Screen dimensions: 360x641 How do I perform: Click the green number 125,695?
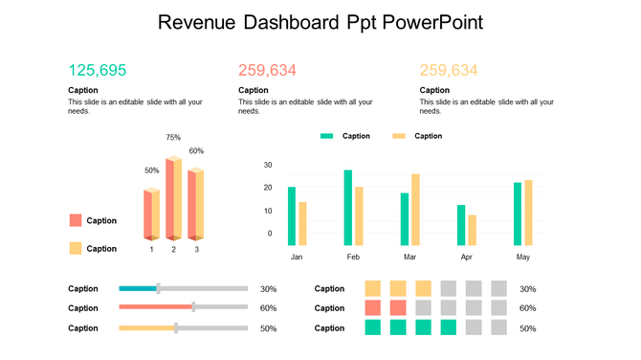[x=98, y=70]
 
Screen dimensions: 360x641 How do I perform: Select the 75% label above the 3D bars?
[x=173, y=138]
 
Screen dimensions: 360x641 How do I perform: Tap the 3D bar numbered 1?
[x=151, y=214]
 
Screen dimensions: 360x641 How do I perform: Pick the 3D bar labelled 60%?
[x=195, y=204]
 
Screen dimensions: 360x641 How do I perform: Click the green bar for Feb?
[x=348, y=208]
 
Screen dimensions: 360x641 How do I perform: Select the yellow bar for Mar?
[x=415, y=210]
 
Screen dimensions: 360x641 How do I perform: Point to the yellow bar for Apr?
[x=472, y=230]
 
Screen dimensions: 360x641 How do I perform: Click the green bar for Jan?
[x=292, y=215]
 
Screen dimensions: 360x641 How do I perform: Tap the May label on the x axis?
[x=522, y=258]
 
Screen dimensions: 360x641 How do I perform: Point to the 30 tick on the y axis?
[x=267, y=165]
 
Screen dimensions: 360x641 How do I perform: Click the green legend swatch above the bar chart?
[x=327, y=136]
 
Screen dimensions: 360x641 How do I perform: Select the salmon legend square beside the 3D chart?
[x=76, y=220]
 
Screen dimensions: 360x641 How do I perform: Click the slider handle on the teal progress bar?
[x=158, y=288]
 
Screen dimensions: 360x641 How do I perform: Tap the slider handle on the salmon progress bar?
[x=193, y=307]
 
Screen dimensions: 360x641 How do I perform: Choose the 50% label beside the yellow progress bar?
[x=269, y=328]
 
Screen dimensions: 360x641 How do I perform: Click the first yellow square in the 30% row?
[x=373, y=288]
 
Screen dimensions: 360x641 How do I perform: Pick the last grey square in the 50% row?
[x=498, y=327]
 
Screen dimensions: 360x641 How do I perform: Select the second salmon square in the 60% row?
[x=398, y=307]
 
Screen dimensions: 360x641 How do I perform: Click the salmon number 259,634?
[x=267, y=70]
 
